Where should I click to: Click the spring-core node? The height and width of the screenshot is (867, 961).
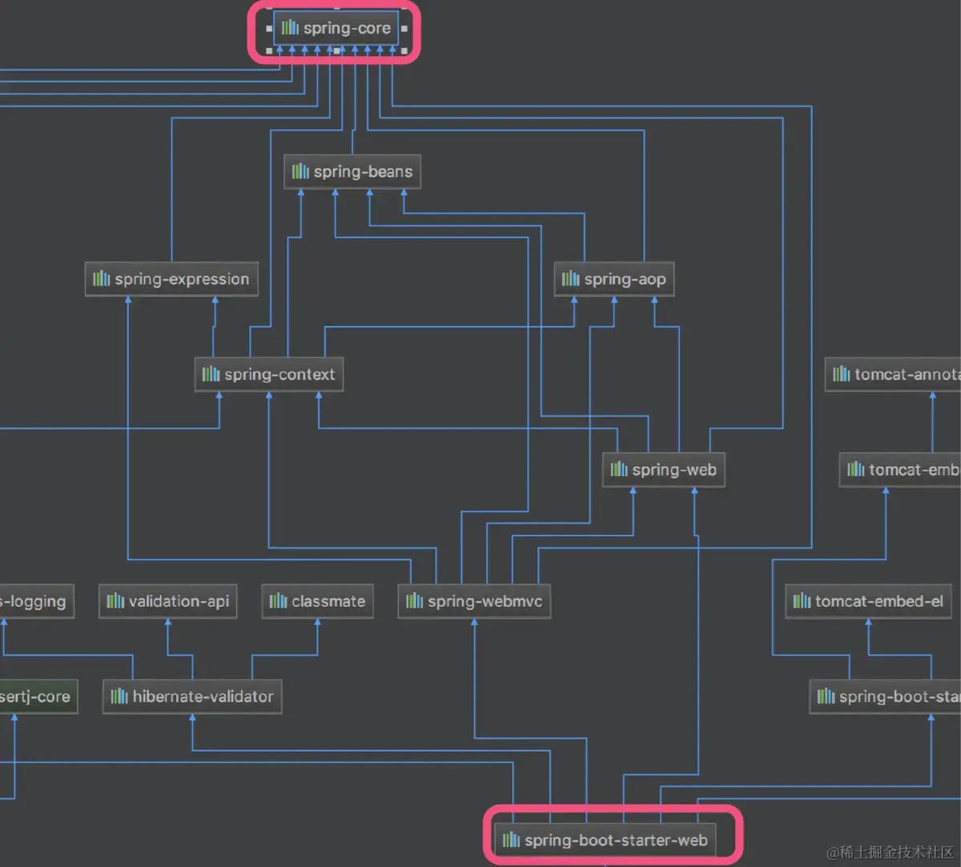[336, 28]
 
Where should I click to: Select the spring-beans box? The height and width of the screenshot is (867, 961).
[352, 171]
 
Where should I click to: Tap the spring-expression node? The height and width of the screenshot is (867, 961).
[171, 279]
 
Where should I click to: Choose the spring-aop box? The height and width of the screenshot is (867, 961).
[614, 279]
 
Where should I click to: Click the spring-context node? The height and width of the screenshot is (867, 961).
[269, 374]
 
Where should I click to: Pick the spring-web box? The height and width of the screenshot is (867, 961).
[664, 470]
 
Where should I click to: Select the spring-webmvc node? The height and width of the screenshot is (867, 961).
[474, 601]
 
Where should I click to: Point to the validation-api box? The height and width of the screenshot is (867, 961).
[168, 601]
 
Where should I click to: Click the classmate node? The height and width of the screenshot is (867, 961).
[318, 601]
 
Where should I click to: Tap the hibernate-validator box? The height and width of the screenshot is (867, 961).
[192, 696]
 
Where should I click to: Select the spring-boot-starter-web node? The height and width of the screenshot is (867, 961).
[605, 840]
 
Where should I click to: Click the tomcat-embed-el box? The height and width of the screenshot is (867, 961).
[868, 601]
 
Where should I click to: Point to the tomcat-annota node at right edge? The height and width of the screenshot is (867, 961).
[894, 374]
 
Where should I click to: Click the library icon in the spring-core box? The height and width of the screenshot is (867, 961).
[290, 28]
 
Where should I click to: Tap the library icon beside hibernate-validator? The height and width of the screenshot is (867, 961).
[119, 696]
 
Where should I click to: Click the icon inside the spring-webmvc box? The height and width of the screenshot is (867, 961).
[415, 601]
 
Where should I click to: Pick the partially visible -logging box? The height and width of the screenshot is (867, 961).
[35, 601]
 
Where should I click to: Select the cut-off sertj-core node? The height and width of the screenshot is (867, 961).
[37, 696]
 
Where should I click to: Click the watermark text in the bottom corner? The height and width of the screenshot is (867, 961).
[890, 852]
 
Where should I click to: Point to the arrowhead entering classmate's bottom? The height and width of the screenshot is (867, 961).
[318, 623]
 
